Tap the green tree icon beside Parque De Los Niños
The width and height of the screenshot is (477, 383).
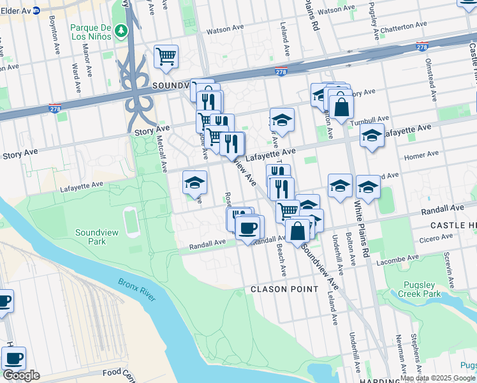coord(121,31)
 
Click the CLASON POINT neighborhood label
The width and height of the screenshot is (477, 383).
coord(284,289)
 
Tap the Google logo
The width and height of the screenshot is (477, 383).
coord(21,375)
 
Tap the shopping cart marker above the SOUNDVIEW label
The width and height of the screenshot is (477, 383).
coord(166,56)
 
